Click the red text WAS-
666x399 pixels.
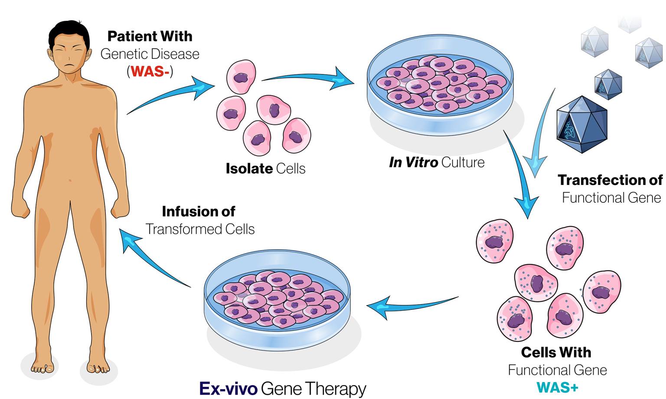point(150,71)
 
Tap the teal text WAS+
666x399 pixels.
point(557,387)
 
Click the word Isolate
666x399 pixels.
point(249,169)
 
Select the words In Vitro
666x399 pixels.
point(413,162)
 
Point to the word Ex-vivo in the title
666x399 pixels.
point(228,388)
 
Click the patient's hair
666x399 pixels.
point(69,30)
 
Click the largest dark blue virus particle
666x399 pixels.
point(581,124)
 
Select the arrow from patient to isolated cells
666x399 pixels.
point(169,95)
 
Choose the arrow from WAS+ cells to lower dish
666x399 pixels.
point(412,303)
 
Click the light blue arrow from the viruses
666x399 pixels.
point(540,139)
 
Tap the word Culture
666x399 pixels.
point(463,162)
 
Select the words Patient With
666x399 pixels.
point(150,36)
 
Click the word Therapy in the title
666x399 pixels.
point(335,389)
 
